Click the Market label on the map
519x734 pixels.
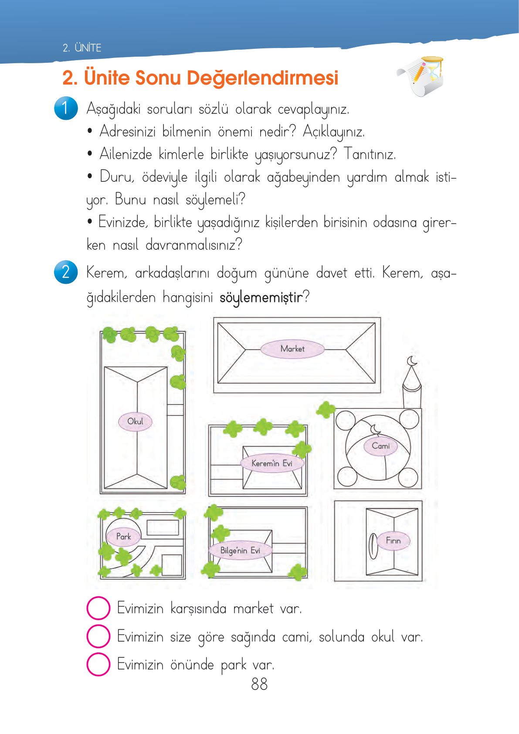(x=292, y=349)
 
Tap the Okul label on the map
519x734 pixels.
(x=135, y=421)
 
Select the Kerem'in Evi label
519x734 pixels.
(x=271, y=463)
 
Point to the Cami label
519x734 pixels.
(x=380, y=446)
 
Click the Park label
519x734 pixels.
(x=123, y=537)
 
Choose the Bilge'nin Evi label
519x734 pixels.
(x=240, y=550)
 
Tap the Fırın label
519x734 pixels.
(x=393, y=540)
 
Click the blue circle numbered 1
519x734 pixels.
(x=66, y=108)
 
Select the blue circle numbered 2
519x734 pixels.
(x=66, y=272)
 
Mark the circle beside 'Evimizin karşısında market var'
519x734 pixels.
(x=98, y=608)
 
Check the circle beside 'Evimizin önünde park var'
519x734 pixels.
(x=98, y=664)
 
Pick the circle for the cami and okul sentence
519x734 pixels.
(x=98, y=636)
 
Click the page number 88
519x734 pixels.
(x=259, y=684)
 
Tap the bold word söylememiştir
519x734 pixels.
(x=261, y=298)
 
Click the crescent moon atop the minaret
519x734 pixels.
(x=412, y=361)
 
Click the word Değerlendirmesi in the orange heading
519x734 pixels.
(x=262, y=78)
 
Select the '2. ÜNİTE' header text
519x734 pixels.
(x=82, y=48)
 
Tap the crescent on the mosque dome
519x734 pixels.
(x=375, y=430)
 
